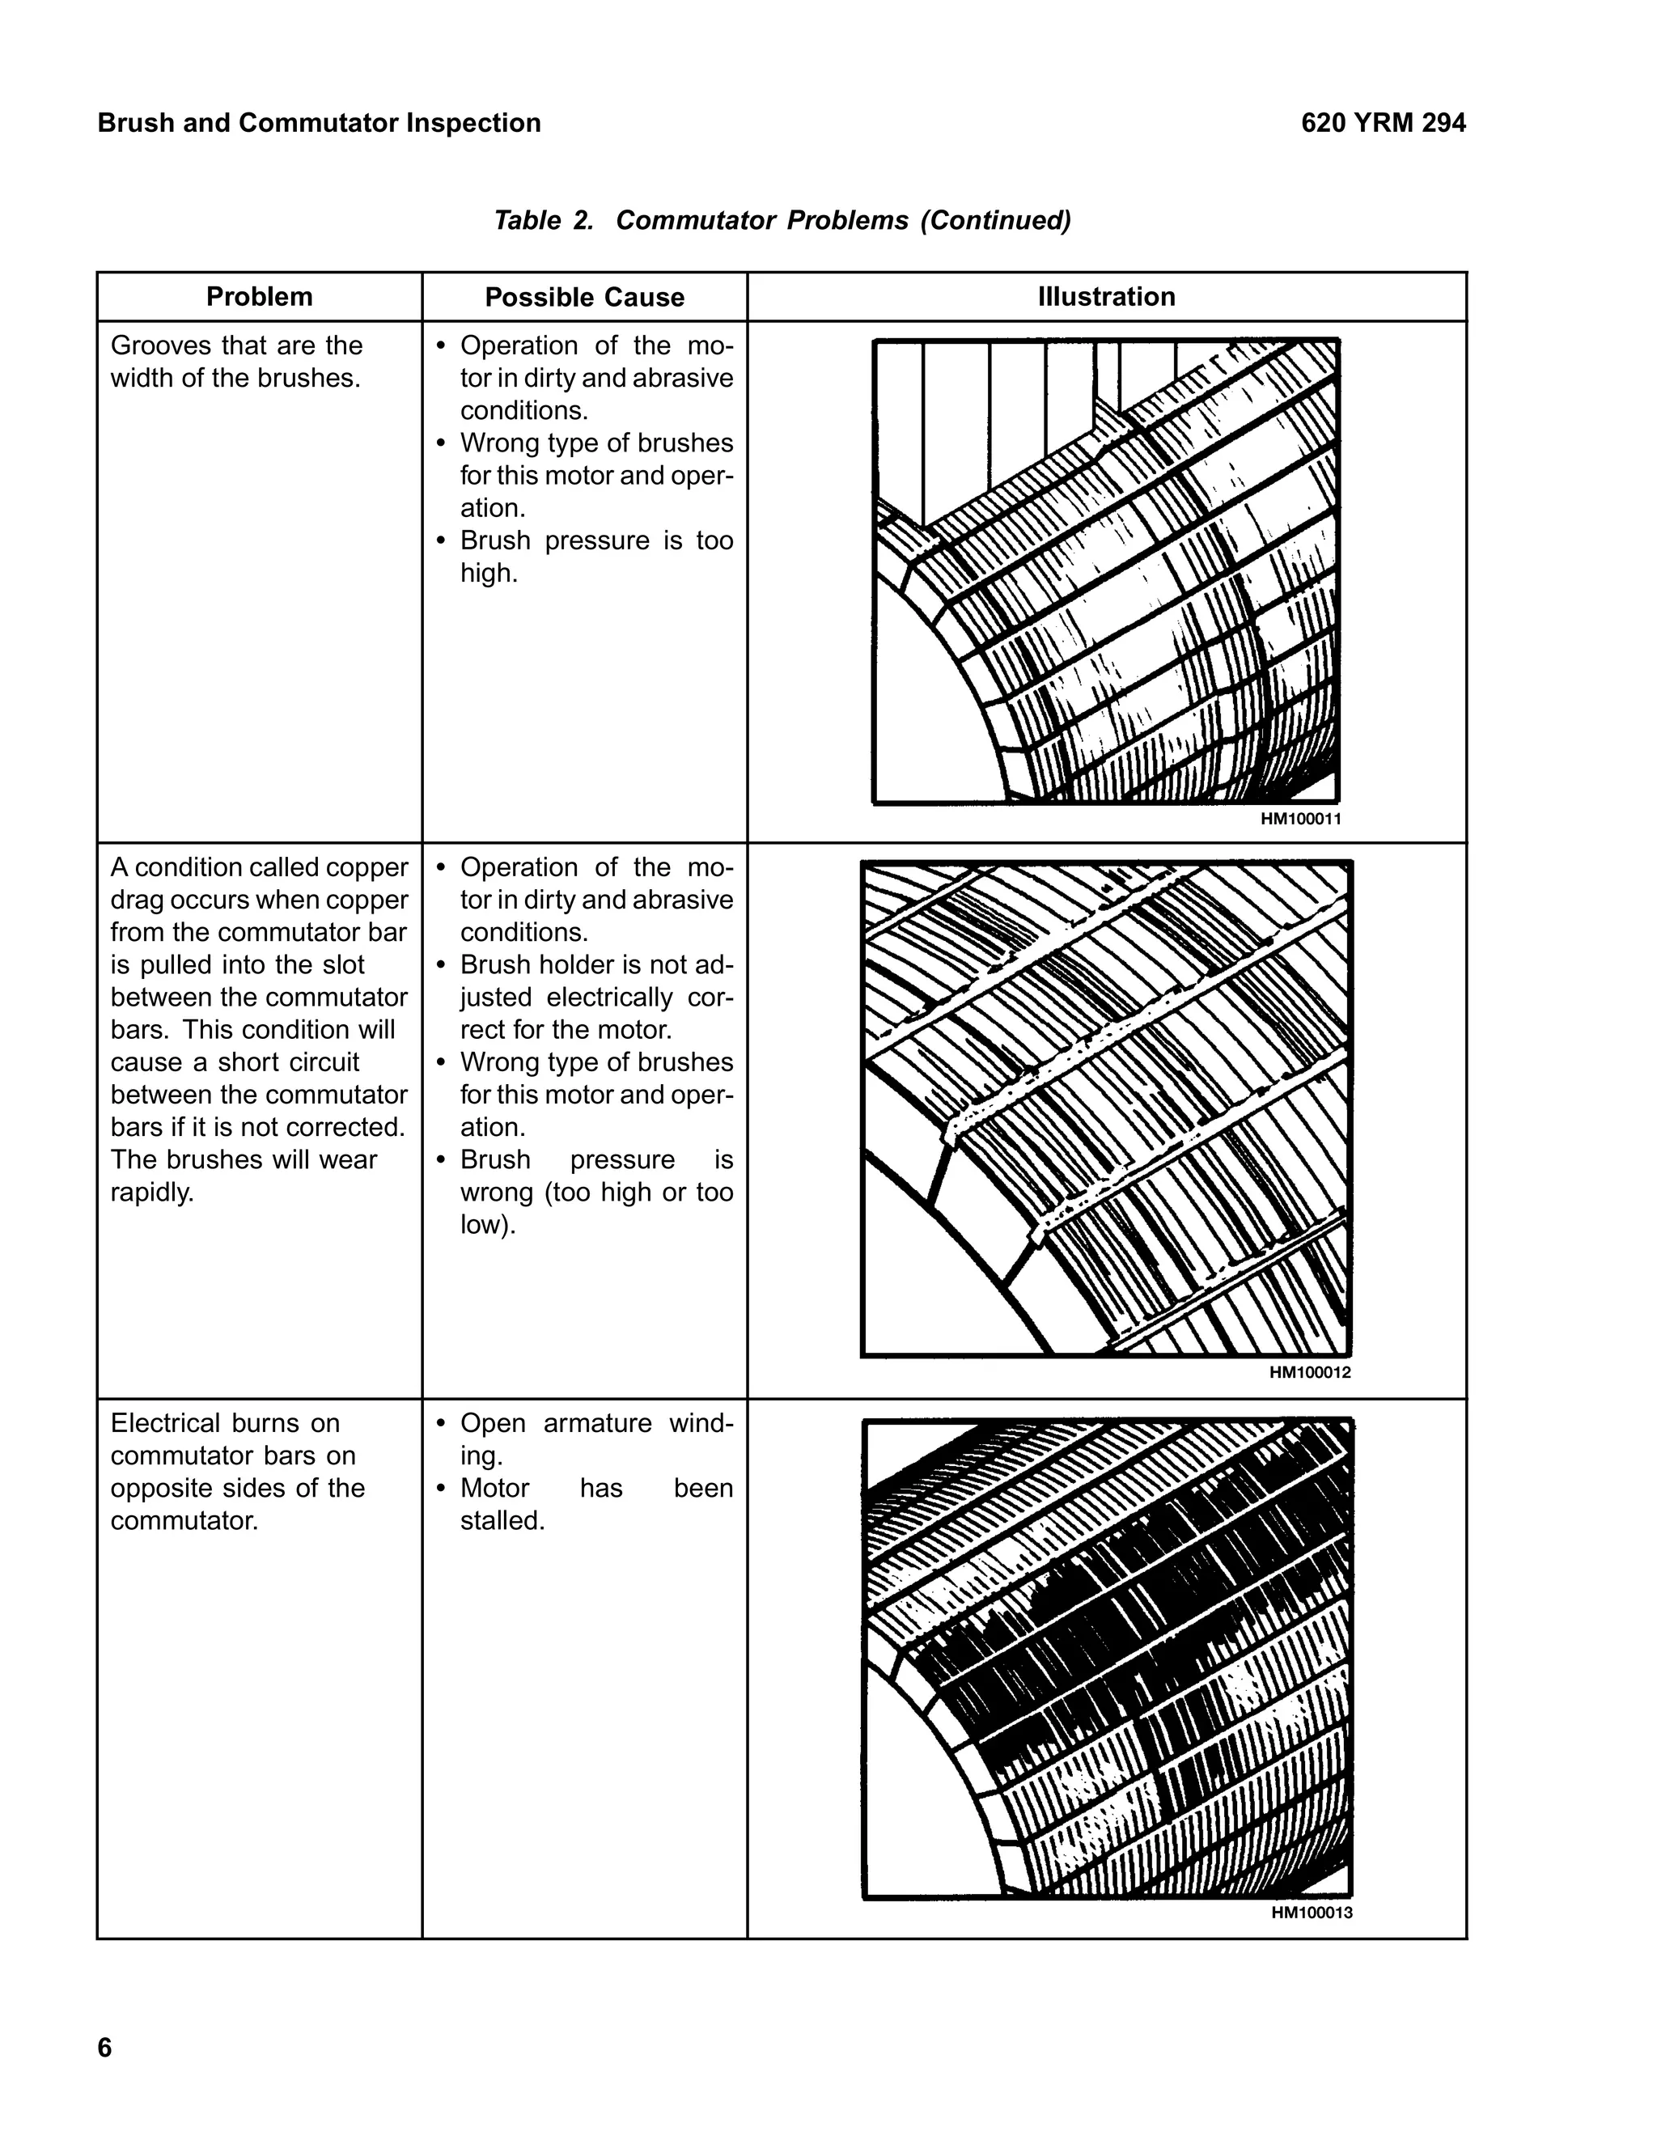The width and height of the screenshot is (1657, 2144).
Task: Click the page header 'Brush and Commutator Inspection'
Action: [319, 123]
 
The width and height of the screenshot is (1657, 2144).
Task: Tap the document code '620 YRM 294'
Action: [1383, 123]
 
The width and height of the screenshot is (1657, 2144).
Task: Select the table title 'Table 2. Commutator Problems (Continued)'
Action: [782, 220]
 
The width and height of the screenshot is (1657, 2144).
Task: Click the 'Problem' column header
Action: [259, 296]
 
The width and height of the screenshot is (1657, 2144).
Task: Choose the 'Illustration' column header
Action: [1106, 296]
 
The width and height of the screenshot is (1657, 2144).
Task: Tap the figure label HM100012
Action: [1310, 1372]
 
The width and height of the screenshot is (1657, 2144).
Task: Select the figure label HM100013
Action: [1312, 1913]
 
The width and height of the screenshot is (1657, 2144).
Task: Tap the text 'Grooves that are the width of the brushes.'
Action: [236, 362]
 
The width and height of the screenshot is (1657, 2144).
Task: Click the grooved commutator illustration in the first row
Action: [1106, 571]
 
